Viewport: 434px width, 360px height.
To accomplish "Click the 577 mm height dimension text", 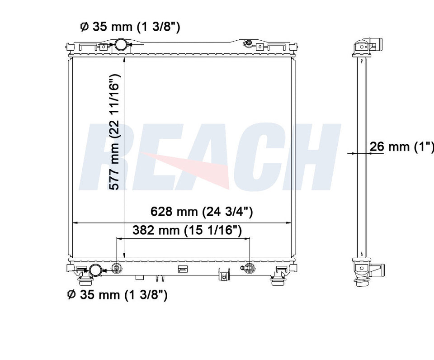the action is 114,132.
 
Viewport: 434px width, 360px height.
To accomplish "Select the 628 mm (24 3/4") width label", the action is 202,212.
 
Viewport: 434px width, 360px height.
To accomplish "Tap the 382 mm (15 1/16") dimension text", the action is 187,230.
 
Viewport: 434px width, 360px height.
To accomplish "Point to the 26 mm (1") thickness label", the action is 401,146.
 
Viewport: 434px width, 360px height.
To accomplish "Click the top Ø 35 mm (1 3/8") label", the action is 130,27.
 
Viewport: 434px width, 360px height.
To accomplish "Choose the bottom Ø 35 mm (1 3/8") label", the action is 118,294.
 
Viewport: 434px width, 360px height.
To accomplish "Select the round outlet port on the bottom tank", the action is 95,270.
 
